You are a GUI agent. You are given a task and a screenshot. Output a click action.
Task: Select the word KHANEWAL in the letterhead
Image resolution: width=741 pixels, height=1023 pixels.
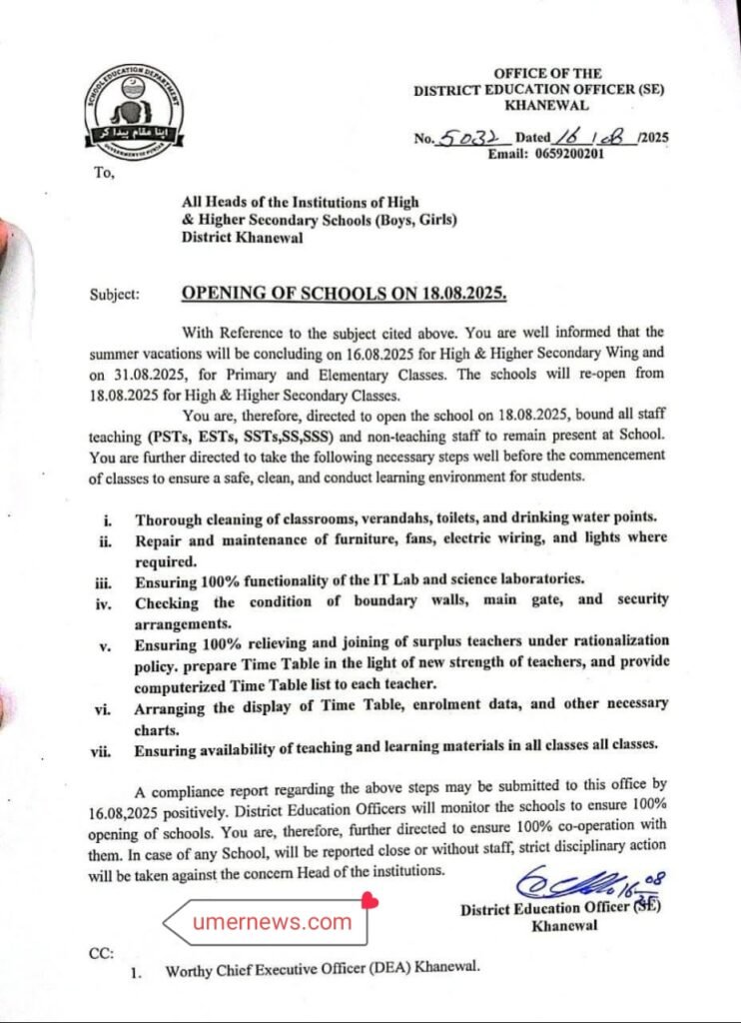[x=546, y=104]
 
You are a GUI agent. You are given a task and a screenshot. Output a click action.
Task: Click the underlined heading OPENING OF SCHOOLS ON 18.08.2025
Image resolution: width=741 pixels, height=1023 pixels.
[x=344, y=295]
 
